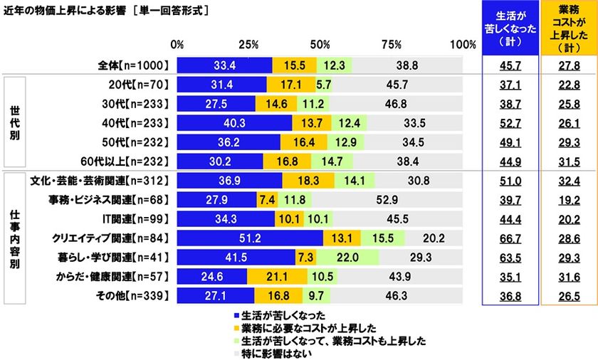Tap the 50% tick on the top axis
(320, 44)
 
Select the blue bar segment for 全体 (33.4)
(224, 65)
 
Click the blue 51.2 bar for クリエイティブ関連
(250, 237)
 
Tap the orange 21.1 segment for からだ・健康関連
(277, 275)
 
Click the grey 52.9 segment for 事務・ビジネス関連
(387, 198)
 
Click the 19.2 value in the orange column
(567, 198)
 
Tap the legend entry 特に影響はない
(271, 351)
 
